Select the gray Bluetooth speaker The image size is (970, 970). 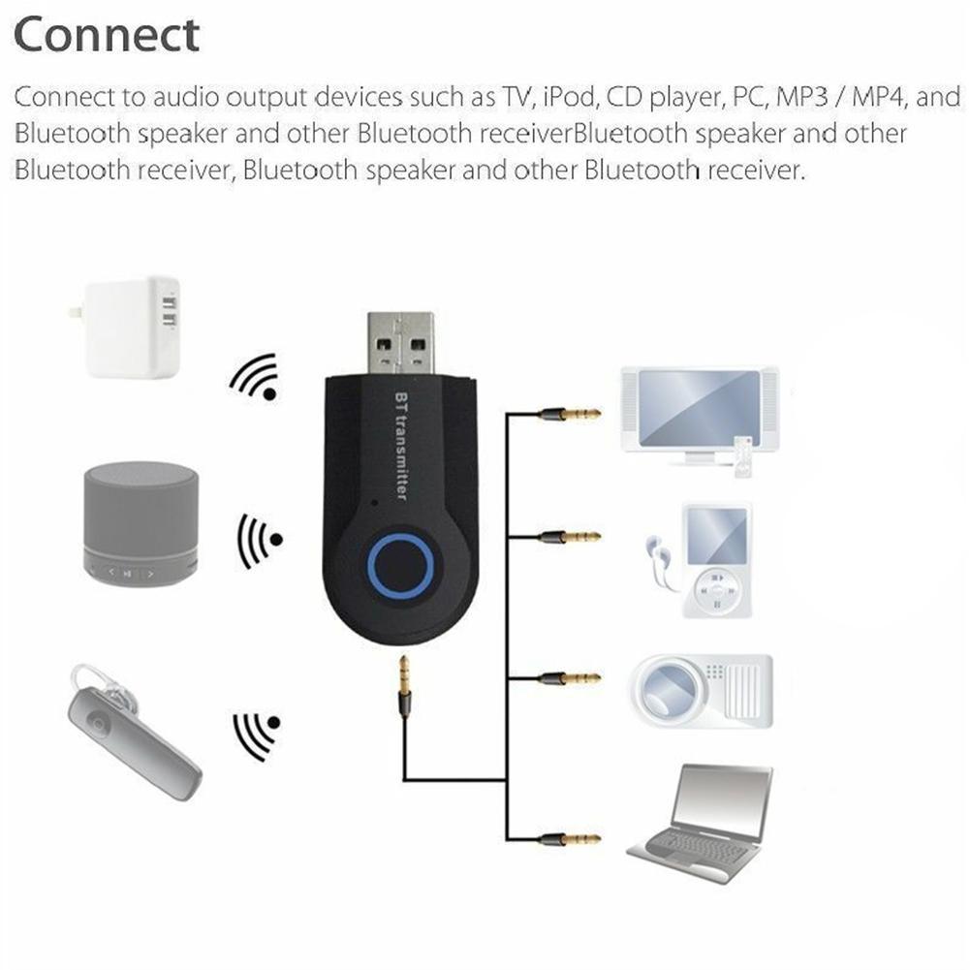[x=141, y=522]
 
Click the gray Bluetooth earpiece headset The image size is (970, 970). [x=131, y=729]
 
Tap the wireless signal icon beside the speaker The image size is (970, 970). [x=258, y=541]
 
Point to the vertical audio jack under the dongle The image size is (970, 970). [x=404, y=686]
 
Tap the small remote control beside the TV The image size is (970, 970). [x=742, y=456]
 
